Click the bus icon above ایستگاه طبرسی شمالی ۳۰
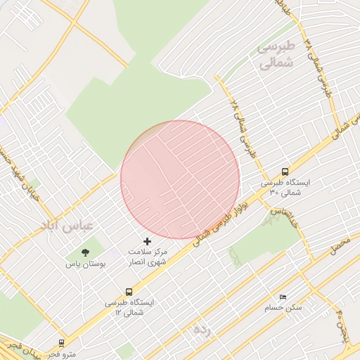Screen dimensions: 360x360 pyautogui.click(x=285, y=171)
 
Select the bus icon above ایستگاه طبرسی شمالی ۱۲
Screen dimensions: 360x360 pyautogui.click(x=129, y=291)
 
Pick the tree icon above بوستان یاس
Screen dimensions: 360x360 pyautogui.click(x=85, y=252)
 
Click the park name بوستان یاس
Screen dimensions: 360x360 pyautogui.click(x=85, y=264)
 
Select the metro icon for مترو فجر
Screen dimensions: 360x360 pyautogui.click(x=63, y=343)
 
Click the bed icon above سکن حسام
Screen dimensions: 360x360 pyautogui.click(x=283, y=297)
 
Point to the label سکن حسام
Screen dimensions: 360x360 pyautogui.click(x=283, y=308)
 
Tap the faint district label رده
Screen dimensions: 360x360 pyautogui.click(x=202, y=329)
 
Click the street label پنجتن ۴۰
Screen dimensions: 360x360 pyautogui.click(x=342, y=321)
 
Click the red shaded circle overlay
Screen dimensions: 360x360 pyautogui.click(x=180, y=179)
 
